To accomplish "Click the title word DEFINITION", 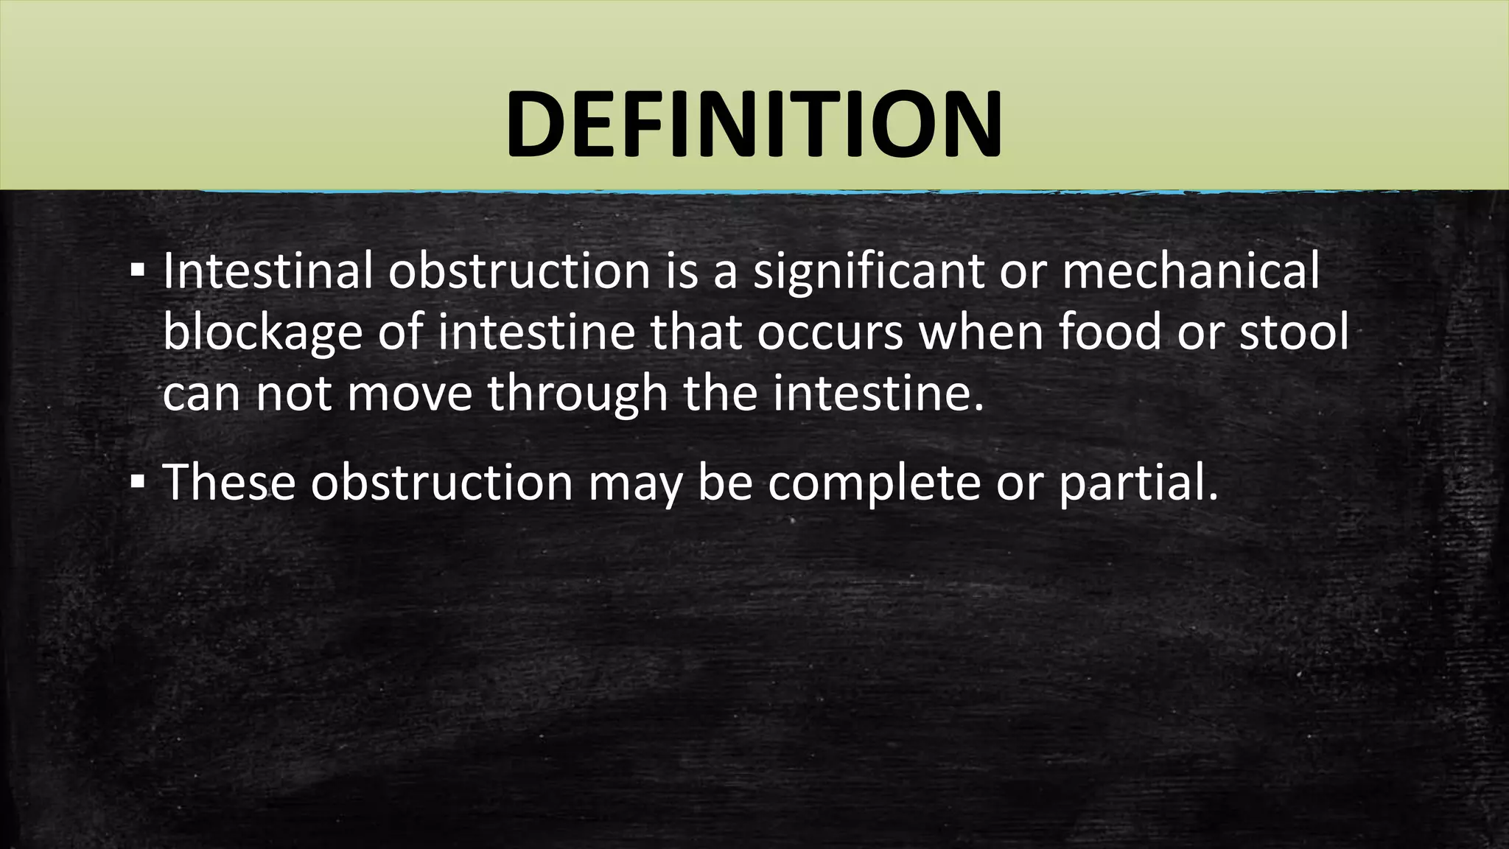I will click(x=754, y=124).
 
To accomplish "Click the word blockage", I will click(x=262, y=333).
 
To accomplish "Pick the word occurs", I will click(x=829, y=333).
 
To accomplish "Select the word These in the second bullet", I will click(x=228, y=482).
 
